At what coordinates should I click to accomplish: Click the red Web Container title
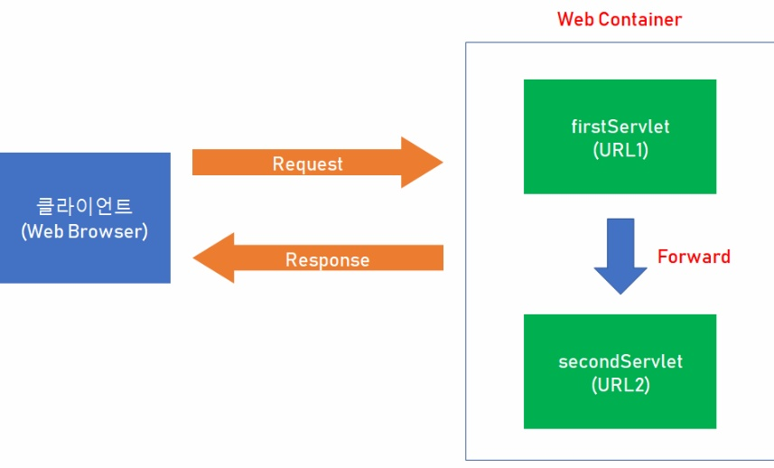click(620, 19)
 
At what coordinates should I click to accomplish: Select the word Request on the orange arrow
click(308, 164)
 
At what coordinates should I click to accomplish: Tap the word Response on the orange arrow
click(327, 260)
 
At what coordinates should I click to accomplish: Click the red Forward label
click(694, 257)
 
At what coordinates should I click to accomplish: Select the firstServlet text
click(620, 126)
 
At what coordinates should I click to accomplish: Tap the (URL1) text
click(620, 150)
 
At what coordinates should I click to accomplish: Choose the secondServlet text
click(620, 361)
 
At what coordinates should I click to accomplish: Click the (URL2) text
click(620, 385)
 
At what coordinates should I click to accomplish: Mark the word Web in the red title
click(574, 19)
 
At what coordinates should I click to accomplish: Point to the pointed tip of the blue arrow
click(620, 292)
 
